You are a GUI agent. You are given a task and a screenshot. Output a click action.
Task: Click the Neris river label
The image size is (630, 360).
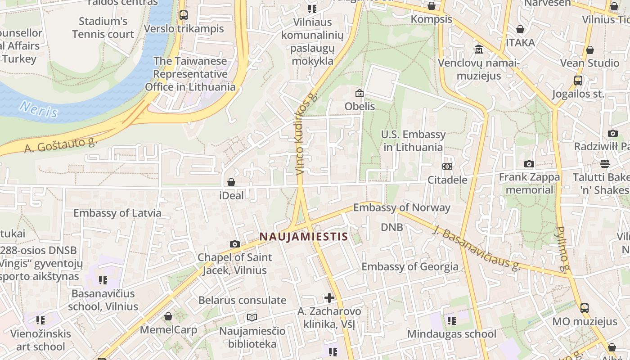point(39,109)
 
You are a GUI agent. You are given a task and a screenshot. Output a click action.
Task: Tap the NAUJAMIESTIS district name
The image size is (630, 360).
point(304,237)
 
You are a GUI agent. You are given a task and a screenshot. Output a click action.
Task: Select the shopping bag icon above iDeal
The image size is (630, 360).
point(231,182)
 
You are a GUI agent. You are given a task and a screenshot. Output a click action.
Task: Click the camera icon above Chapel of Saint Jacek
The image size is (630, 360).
point(234,244)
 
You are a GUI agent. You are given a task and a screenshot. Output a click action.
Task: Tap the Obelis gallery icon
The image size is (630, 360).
point(359,93)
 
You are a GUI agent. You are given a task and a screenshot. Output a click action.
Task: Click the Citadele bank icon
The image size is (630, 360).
point(447,166)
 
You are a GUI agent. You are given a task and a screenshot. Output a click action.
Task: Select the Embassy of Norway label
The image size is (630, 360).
point(402,207)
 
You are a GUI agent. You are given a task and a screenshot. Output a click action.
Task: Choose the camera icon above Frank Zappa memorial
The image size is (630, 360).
point(529,164)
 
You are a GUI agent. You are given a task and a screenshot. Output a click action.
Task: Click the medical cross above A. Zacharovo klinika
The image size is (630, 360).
point(329,297)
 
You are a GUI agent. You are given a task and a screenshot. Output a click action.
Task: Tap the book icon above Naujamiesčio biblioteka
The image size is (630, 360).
point(252,317)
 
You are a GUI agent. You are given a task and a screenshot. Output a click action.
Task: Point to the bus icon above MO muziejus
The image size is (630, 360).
point(584,308)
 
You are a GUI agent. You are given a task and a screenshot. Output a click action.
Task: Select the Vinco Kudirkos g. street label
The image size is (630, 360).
point(306,134)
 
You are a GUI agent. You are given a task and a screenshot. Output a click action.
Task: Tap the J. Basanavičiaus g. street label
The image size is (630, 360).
point(477,248)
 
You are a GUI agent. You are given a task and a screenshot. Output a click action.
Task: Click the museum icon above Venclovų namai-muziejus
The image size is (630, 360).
point(478,49)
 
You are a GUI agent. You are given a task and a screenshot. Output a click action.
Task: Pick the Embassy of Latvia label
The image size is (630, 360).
point(117,213)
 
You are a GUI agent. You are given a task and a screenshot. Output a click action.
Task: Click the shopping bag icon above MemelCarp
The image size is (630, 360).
point(168,316)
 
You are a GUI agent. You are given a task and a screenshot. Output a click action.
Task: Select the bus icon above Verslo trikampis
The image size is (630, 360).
point(183,15)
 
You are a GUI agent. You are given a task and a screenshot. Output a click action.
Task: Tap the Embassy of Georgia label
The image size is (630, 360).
point(410,266)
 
